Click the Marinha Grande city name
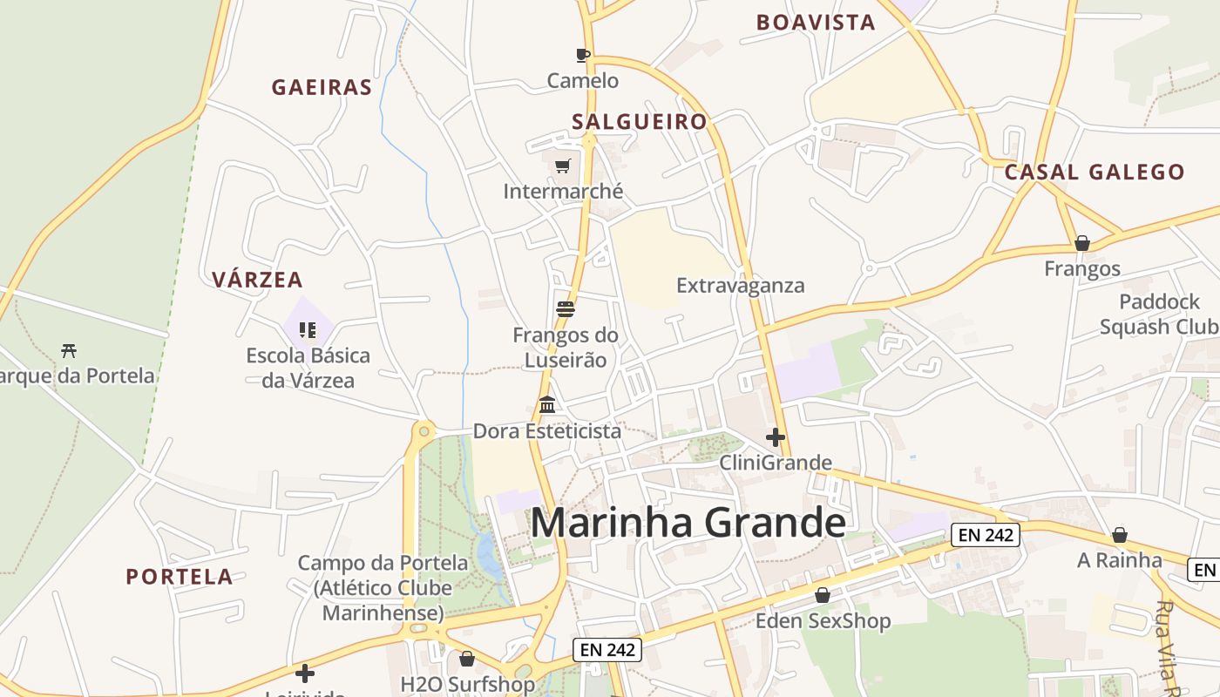coord(688,523)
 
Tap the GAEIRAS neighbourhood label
coord(322,87)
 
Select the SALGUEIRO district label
coord(639,121)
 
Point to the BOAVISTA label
coord(816,23)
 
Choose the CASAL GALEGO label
coord(1095,172)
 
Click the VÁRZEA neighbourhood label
coord(257,280)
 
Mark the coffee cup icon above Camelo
coord(583,56)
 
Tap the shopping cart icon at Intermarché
coord(563,166)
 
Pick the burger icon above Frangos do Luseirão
coord(565,309)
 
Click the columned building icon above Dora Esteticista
coord(547,404)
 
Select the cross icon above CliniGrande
coord(775,437)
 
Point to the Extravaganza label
coord(740,286)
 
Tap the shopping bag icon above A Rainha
coord(1120,535)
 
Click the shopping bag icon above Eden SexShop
coord(822,595)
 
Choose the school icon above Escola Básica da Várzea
coord(307,329)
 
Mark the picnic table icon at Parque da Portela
coord(69,350)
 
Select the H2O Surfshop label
coord(467,684)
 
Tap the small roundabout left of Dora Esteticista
coord(424,430)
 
